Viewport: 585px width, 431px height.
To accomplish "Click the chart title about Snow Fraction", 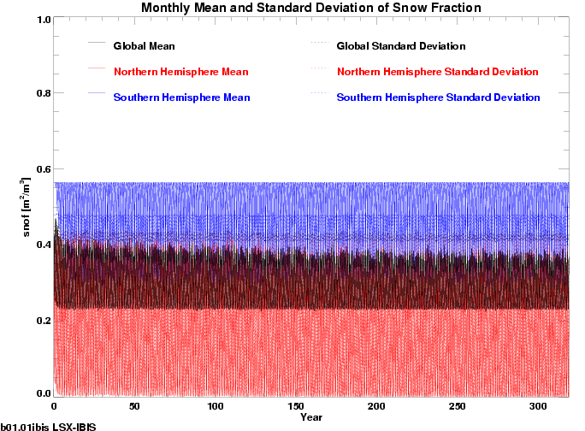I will click(311, 8).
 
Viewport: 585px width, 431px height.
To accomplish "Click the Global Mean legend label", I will click(150, 45).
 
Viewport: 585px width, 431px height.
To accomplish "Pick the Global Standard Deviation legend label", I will click(401, 45).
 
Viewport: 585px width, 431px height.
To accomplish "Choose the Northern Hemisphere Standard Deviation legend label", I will click(438, 71).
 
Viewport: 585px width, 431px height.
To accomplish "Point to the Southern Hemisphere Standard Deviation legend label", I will click(439, 97).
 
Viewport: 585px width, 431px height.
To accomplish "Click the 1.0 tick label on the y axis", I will click(38, 20).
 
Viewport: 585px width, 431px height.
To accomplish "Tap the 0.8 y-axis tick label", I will click(38, 94).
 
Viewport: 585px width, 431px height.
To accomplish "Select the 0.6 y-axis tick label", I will click(38, 169).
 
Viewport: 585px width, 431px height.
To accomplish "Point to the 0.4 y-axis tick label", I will click(38, 245).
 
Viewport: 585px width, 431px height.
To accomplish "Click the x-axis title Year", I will click(311, 417).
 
